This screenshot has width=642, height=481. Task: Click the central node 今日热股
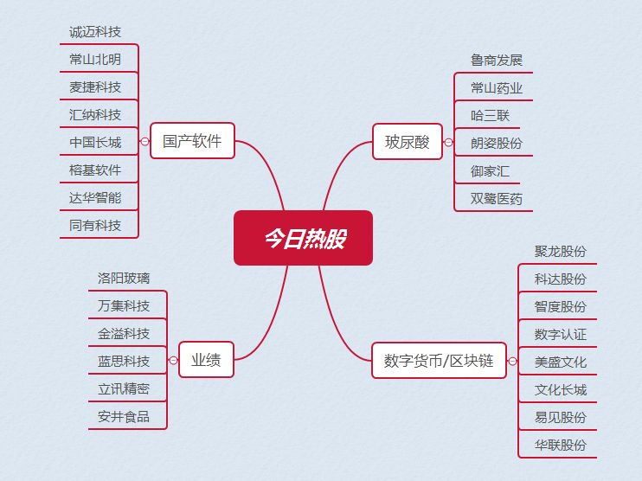303,238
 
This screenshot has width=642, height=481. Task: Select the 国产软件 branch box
192,141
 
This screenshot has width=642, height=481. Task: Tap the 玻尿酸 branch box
407,143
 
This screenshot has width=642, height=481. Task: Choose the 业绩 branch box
206,361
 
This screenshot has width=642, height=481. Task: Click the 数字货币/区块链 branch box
439,361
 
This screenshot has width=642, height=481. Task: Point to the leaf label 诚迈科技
95,32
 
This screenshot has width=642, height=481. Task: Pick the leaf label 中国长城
95,143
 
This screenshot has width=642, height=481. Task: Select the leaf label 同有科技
95,226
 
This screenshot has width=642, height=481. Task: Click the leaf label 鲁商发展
497,61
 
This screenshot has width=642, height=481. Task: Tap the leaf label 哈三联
490,115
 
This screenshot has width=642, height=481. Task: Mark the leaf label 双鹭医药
497,199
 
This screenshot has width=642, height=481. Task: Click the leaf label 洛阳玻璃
124,279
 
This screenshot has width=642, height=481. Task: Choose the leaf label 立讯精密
124,389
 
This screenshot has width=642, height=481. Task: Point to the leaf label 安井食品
124,417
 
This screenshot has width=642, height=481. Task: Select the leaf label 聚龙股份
561,252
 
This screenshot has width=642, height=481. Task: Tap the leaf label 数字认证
561,334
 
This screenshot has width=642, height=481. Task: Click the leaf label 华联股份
561,445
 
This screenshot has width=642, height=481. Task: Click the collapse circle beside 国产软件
144,142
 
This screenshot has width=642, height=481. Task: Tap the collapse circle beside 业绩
173,361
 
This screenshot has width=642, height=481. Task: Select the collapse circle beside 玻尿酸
448,143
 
